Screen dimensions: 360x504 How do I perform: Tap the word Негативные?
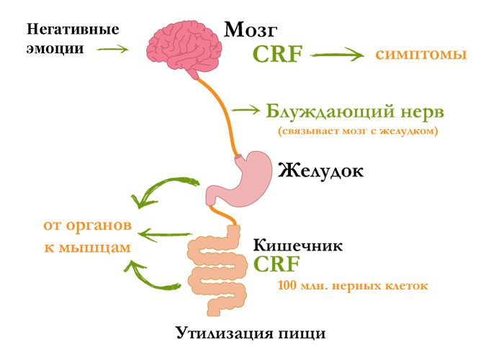[73, 30]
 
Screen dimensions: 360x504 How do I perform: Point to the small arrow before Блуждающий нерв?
[246, 110]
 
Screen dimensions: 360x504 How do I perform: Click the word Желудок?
[320, 171]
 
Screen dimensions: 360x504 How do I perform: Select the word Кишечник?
[297, 246]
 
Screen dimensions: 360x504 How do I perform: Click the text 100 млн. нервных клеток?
[353, 286]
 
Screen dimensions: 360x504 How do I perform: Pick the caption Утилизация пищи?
[251, 333]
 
